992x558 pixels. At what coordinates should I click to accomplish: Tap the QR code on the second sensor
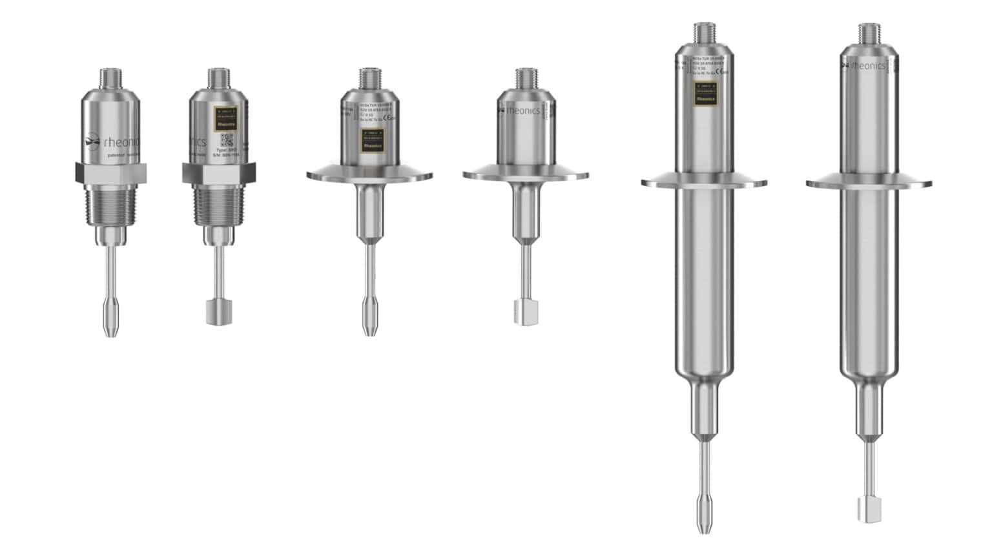227,140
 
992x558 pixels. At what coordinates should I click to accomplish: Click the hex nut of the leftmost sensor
110,171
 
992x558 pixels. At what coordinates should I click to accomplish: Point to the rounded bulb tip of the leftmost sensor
110,320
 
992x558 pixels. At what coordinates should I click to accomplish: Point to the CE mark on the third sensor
387,118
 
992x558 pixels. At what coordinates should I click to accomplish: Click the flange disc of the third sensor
369,174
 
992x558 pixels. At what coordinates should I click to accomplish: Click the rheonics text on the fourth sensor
522,110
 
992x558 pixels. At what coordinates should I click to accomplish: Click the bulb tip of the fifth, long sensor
703,513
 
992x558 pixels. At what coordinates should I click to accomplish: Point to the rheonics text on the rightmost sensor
868,65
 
